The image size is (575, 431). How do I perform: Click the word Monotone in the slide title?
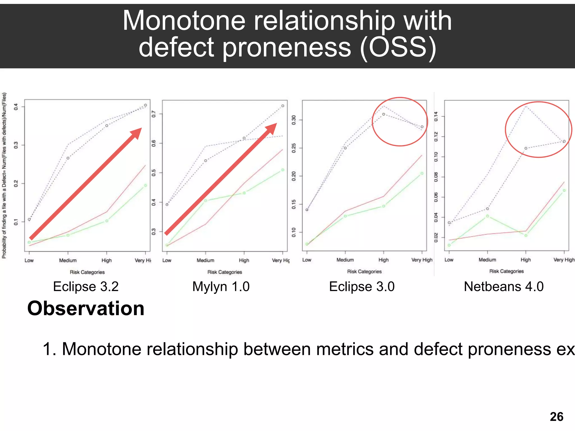click(184, 21)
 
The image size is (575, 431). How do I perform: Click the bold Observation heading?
click(86, 308)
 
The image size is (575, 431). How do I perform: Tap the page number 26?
click(556, 417)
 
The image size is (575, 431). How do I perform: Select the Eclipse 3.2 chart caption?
click(86, 286)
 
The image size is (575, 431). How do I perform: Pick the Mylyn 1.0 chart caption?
click(221, 286)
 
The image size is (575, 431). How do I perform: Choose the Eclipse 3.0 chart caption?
click(362, 286)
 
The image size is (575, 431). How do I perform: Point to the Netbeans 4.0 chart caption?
click(504, 286)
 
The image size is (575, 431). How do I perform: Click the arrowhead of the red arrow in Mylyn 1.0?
click(271, 128)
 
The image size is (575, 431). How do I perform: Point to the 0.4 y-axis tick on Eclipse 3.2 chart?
click(16, 107)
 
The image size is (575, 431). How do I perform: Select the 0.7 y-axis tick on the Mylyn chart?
click(154, 114)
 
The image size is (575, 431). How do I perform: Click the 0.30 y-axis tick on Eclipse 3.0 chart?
click(294, 120)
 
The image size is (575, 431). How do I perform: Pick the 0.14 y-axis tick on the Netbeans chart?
click(436, 116)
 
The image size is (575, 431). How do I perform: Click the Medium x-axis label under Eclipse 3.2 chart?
click(68, 260)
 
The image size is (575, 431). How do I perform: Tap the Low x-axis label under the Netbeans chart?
click(449, 260)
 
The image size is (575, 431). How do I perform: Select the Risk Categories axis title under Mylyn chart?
click(225, 272)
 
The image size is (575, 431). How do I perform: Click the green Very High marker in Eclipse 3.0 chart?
click(422, 173)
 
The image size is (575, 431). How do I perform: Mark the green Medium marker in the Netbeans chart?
click(487, 216)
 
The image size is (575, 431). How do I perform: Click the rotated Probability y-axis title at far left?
click(4, 175)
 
